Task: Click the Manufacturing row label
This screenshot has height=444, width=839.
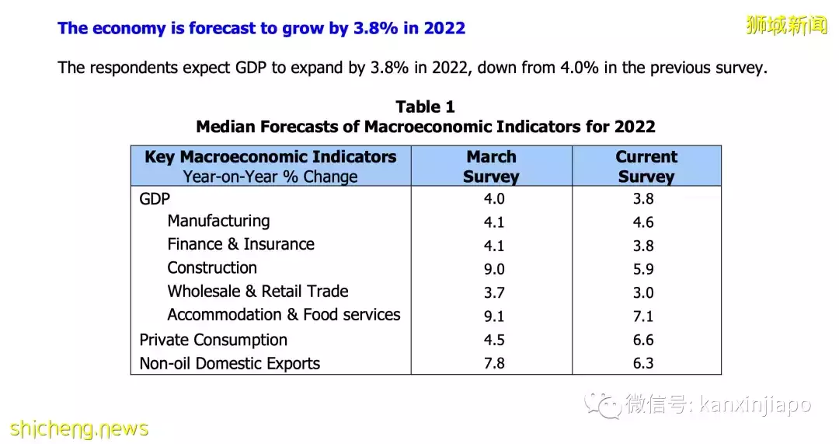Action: [x=218, y=221]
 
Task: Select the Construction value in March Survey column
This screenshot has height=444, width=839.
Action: [x=493, y=269]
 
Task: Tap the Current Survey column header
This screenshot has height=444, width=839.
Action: [x=646, y=166]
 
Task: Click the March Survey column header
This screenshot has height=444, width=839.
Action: [x=491, y=166]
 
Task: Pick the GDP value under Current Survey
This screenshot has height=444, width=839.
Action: [x=643, y=199]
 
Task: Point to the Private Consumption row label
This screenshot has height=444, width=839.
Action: [x=213, y=340]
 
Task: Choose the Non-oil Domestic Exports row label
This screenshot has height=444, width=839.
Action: [x=229, y=363]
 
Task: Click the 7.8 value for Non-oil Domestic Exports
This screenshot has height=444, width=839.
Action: [x=493, y=364]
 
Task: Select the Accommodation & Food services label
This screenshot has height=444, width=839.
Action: [x=284, y=315]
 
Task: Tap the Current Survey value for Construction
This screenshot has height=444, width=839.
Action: [x=643, y=270]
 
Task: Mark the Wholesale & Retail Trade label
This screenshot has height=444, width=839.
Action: [x=257, y=292]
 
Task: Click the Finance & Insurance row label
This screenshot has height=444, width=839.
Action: [x=241, y=244]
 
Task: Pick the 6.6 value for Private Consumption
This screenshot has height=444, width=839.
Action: [x=643, y=341]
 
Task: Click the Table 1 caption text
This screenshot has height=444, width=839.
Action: [x=425, y=107]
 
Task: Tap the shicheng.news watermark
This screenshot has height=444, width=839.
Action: [x=79, y=428]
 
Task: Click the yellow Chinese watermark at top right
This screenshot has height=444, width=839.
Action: [x=786, y=26]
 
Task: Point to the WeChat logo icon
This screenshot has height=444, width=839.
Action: [x=603, y=404]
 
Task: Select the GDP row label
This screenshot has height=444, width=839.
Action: [x=155, y=198]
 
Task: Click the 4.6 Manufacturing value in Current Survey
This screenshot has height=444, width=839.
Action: [x=643, y=222]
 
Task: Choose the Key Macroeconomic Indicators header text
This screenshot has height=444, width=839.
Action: [x=270, y=157]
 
